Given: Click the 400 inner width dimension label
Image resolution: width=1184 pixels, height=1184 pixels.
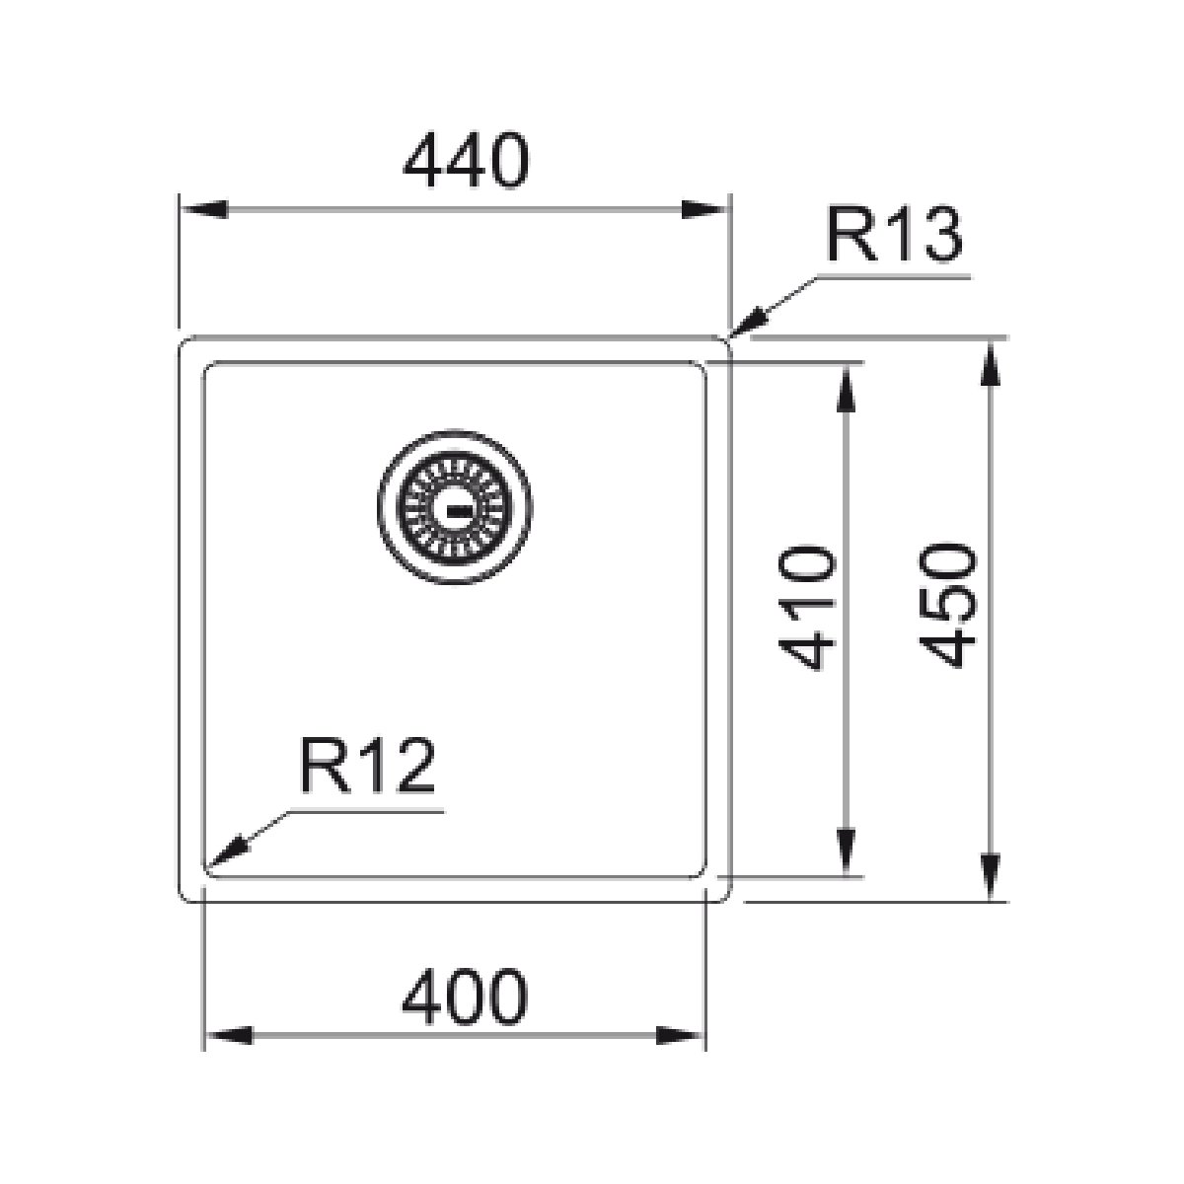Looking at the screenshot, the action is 465,998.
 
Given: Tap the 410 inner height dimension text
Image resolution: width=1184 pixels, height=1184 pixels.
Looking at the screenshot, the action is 807,608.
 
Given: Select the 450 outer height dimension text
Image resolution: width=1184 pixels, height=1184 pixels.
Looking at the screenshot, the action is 947,605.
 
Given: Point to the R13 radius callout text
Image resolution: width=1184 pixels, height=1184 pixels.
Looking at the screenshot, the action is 894,234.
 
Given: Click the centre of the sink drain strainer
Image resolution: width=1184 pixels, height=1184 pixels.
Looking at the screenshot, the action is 455,507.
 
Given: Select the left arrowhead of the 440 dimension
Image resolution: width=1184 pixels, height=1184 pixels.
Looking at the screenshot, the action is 204,209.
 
